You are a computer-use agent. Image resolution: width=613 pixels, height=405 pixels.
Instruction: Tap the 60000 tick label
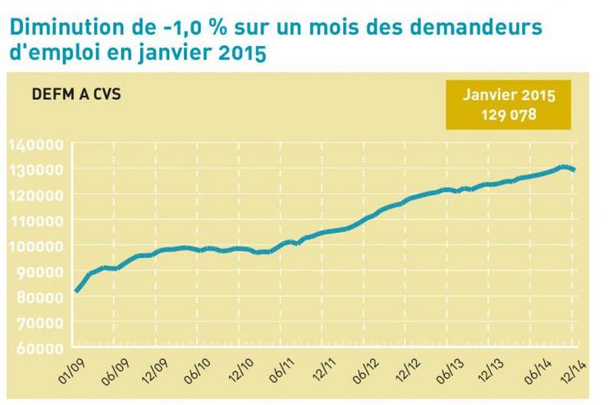[38, 348]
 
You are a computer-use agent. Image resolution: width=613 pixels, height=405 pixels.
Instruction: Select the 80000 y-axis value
[38, 297]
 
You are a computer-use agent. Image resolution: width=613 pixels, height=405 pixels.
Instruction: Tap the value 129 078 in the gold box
[509, 114]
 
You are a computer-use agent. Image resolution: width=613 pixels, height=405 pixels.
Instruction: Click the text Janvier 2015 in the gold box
[509, 95]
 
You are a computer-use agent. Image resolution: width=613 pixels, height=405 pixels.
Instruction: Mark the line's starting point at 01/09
[76, 290]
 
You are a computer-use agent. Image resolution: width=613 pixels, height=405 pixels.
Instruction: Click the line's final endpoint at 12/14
[574, 170]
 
